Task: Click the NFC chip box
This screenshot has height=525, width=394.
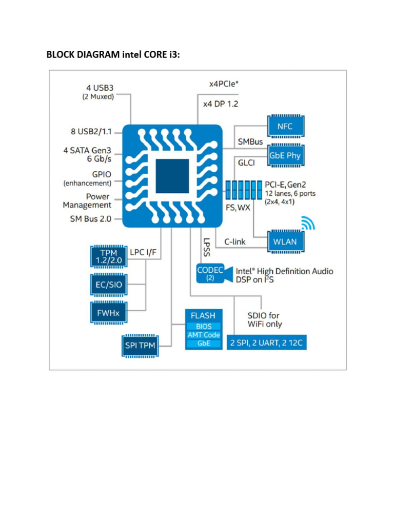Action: (x=285, y=126)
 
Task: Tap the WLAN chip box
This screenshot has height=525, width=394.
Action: (x=285, y=241)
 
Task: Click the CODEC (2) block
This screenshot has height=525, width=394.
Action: (x=209, y=273)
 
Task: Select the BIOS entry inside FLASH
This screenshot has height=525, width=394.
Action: (x=204, y=326)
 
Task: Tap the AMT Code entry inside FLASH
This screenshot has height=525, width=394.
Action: (x=204, y=335)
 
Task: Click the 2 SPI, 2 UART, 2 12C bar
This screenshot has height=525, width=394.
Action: (x=267, y=342)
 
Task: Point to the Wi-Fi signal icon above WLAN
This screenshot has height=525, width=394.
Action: (x=307, y=224)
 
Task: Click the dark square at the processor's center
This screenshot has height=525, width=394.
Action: (x=172, y=175)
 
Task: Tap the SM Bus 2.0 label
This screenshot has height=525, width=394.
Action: (x=90, y=219)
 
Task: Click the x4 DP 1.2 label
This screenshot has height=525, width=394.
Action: (x=220, y=104)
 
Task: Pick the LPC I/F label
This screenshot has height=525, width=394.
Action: (x=143, y=252)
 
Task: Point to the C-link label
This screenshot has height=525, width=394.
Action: (x=235, y=241)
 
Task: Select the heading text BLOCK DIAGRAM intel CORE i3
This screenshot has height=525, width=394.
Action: (x=113, y=55)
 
